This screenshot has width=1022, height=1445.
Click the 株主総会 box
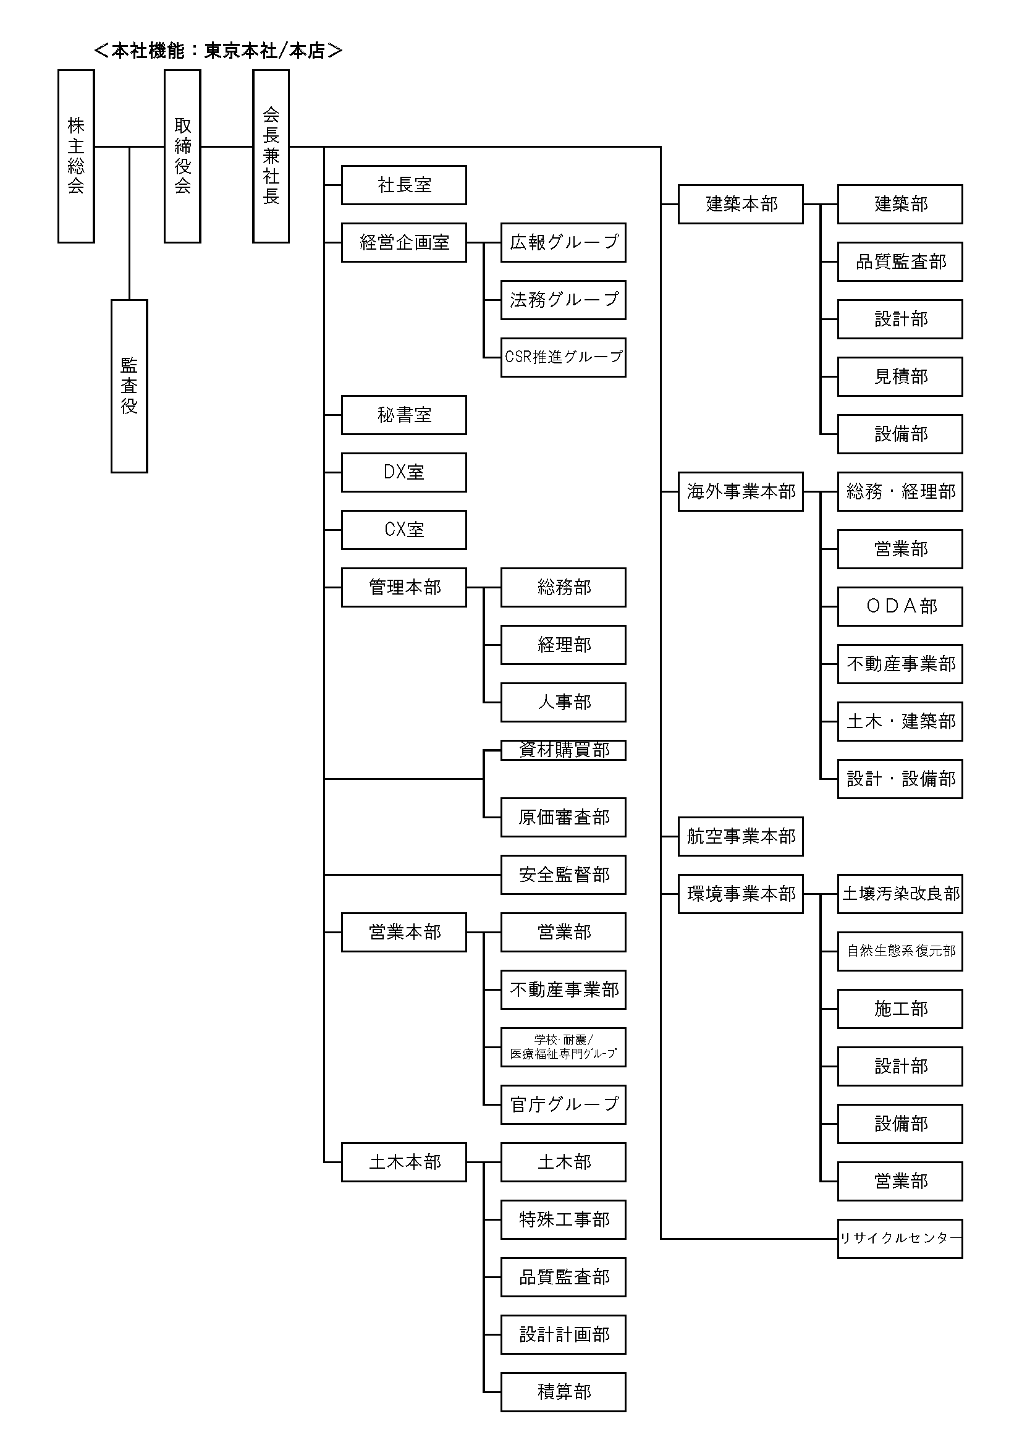point(75,156)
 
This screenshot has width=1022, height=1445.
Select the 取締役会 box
point(182,156)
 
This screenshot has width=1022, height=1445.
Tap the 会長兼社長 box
point(271,156)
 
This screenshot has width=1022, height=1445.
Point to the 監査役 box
point(129,386)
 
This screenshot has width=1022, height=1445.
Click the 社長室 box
point(403,185)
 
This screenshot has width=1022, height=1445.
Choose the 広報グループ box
point(564,242)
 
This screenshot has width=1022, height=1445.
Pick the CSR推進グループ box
point(564,357)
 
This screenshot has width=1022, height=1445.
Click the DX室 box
point(403,472)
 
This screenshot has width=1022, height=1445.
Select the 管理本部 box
point(403,587)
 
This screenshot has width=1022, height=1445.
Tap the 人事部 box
point(564,702)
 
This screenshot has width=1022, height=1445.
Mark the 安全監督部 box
point(564,875)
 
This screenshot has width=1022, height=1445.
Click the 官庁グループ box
point(564,1104)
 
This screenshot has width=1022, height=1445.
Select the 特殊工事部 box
point(564,1219)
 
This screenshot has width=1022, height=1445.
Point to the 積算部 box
point(564,1392)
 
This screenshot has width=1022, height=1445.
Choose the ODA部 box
point(900,606)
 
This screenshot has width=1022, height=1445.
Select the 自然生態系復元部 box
point(900,951)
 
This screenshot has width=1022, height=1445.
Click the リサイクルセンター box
point(900,1239)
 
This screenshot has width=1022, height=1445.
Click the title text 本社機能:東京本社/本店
point(217,50)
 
